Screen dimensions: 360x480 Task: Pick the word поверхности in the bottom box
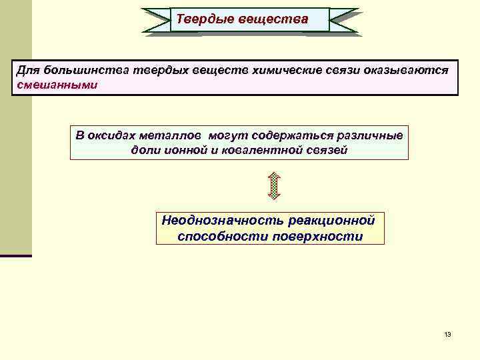(318, 237)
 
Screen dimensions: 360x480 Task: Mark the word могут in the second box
(227, 136)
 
